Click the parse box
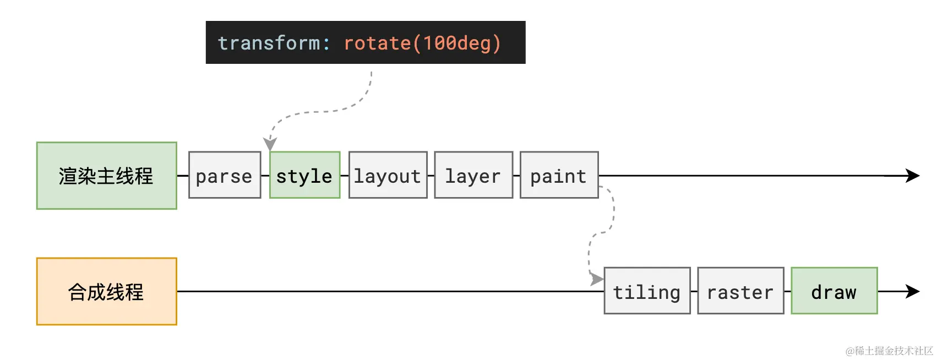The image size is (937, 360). pyautogui.click(x=224, y=175)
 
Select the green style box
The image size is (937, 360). pyautogui.click(x=304, y=175)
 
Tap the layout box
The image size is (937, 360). pyautogui.click(x=388, y=175)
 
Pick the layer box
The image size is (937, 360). pyautogui.click(x=473, y=175)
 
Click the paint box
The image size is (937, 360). pyautogui.click(x=559, y=175)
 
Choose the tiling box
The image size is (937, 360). pyautogui.click(x=647, y=291)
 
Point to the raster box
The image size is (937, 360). pyautogui.click(x=740, y=291)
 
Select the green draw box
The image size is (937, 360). pyautogui.click(x=834, y=291)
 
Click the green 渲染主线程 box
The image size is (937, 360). pyautogui.click(x=106, y=176)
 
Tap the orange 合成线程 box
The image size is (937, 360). pyautogui.click(x=106, y=291)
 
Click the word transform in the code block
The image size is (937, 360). pyautogui.click(x=269, y=43)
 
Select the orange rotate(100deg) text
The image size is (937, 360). pyautogui.click(x=422, y=43)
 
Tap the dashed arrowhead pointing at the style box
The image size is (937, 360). pyautogui.click(x=270, y=144)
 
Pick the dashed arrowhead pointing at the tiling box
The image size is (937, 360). pyautogui.click(x=597, y=279)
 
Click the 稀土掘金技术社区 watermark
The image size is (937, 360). pyautogui.click(x=889, y=351)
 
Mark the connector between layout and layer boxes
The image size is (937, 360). pyautogui.click(x=431, y=176)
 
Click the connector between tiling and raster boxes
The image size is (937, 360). pyautogui.click(x=694, y=291)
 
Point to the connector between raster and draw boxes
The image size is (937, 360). pyautogui.click(x=788, y=291)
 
